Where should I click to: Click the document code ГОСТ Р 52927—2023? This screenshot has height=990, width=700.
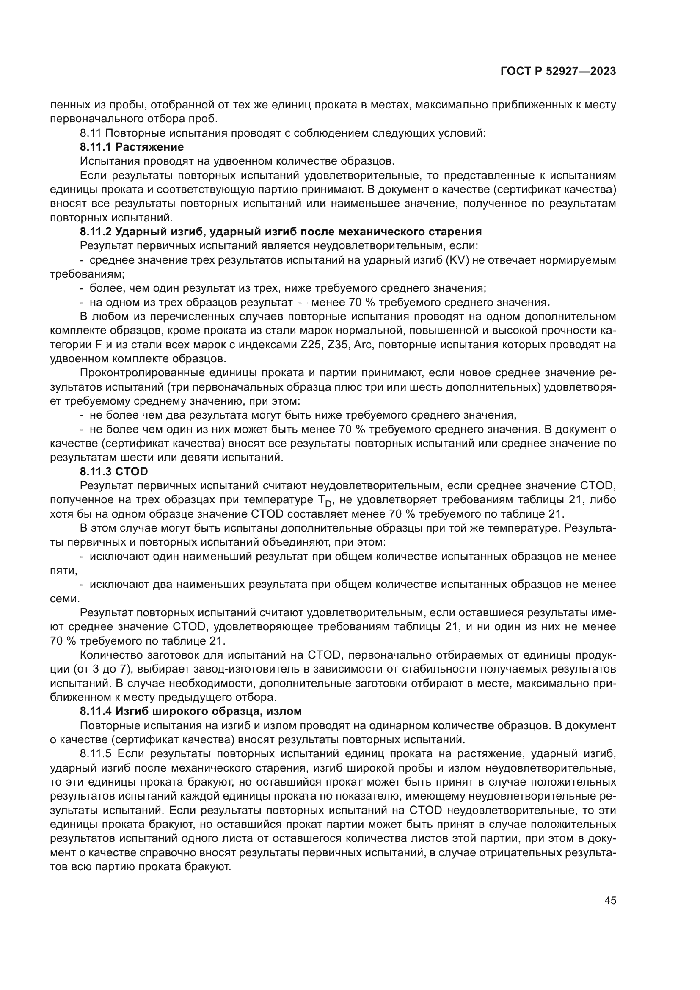tap(558, 72)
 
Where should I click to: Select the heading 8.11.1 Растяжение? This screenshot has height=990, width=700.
tap(132, 147)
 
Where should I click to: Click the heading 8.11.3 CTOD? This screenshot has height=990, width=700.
tap(114, 471)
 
